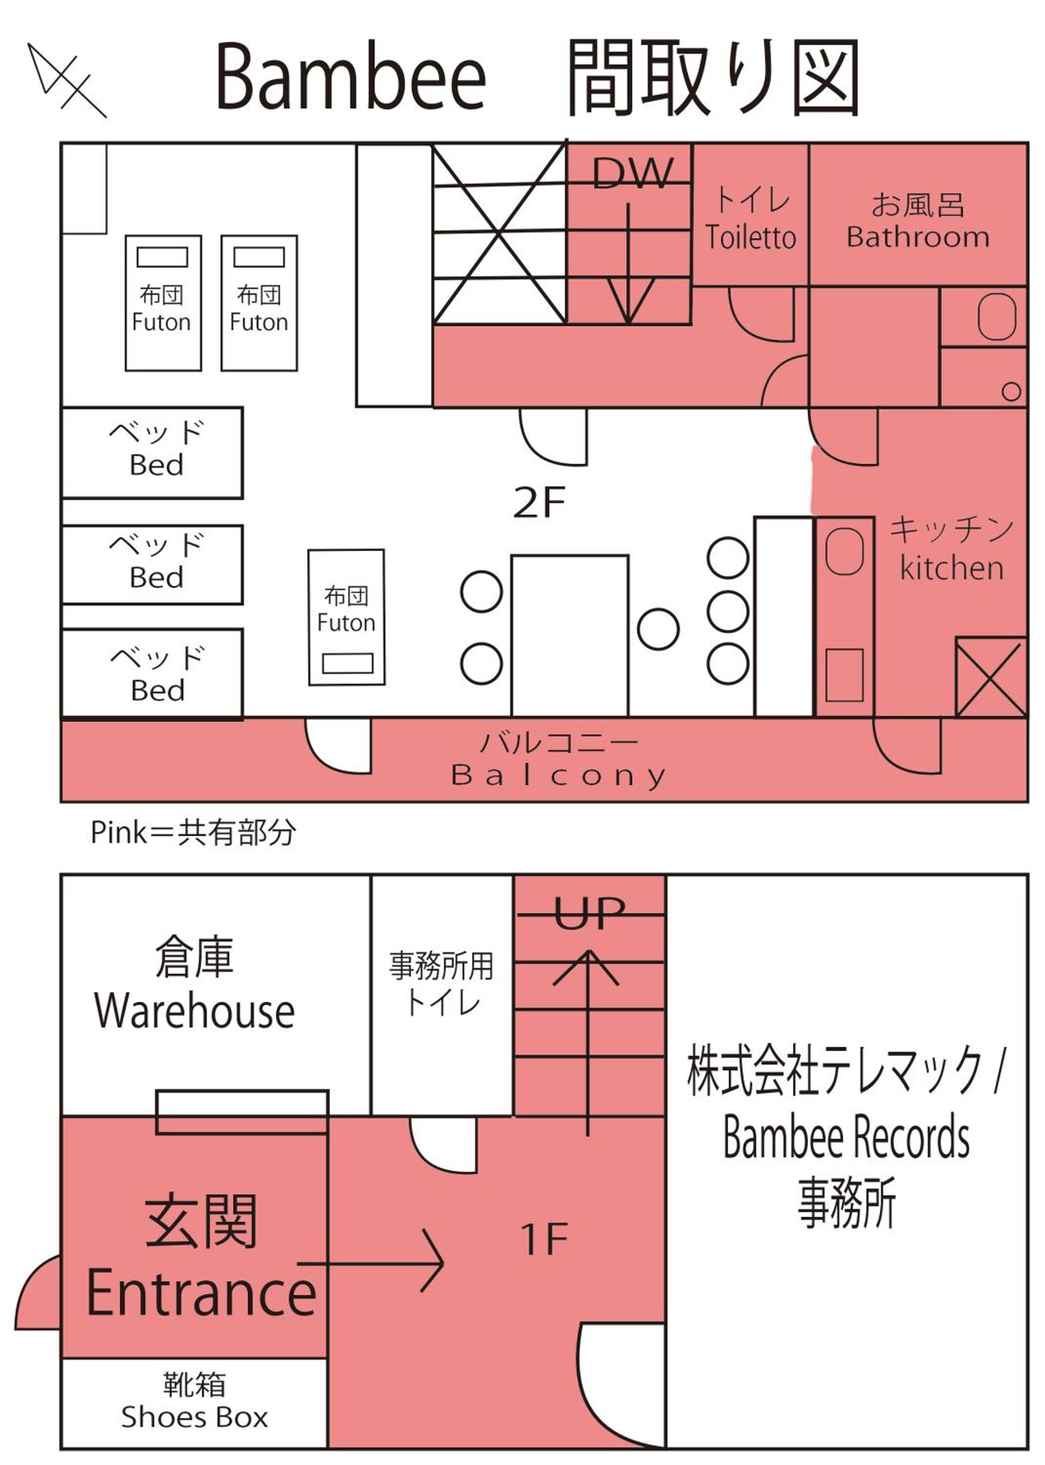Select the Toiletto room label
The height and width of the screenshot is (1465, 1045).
(x=750, y=237)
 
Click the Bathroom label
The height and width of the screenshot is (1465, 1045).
(x=918, y=237)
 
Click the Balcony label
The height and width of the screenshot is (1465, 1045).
(x=558, y=775)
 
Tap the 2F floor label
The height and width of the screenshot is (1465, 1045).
(x=539, y=503)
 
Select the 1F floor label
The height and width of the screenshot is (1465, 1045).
(x=544, y=1239)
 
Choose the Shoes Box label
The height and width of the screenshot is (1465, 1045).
(x=194, y=1417)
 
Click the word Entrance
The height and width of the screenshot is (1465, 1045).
(x=201, y=1294)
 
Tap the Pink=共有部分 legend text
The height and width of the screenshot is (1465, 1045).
(x=193, y=832)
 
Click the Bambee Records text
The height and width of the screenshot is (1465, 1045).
(x=846, y=1138)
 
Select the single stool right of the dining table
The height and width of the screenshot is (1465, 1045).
(x=658, y=628)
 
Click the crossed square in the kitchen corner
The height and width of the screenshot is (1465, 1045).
(x=990, y=677)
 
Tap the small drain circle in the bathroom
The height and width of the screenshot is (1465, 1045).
(x=1011, y=391)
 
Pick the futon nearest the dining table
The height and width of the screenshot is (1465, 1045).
(x=346, y=617)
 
